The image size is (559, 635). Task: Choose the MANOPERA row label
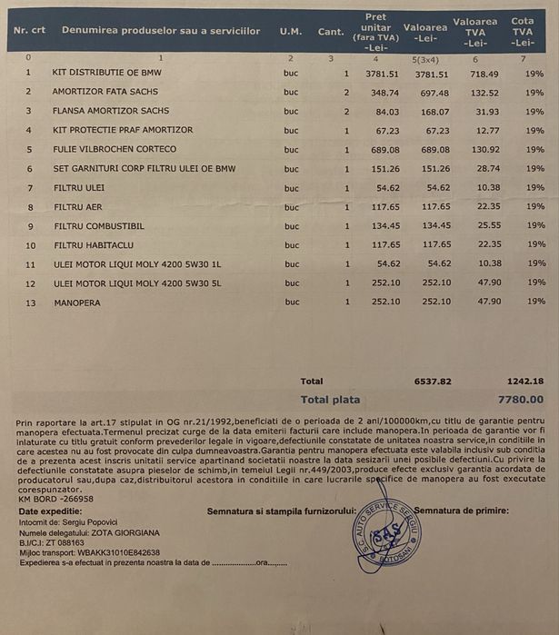[x=77, y=302]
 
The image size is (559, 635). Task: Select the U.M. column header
[x=291, y=31]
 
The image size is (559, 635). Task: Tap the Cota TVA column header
[x=523, y=31]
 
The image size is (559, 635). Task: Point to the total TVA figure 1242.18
[x=524, y=382]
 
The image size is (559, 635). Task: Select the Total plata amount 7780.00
[x=521, y=399]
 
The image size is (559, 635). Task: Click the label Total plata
[x=330, y=399]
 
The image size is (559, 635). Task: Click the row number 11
[x=30, y=263]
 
